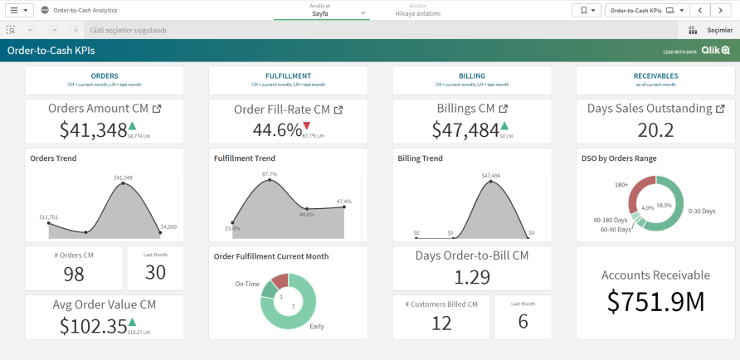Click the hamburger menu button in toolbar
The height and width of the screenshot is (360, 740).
click(x=21, y=10)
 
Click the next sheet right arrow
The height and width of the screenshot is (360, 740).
click(x=721, y=10)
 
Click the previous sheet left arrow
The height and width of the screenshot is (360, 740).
click(x=701, y=10)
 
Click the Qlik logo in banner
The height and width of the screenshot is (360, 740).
click(x=715, y=51)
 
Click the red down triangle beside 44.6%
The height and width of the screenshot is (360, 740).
click(x=306, y=125)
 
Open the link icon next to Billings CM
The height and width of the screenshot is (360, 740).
click(x=504, y=109)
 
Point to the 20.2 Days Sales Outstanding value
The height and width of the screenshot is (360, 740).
click(x=655, y=129)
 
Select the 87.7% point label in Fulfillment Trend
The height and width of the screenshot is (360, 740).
click(x=269, y=174)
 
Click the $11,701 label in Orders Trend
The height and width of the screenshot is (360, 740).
click(x=48, y=217)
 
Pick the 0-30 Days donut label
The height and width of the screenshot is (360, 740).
click(x=701, y=212)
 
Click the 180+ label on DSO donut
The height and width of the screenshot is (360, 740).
click(x=621, y=185)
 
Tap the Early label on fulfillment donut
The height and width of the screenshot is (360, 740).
click(x=317, y=326)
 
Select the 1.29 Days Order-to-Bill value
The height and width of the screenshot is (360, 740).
click(x=471, y=278)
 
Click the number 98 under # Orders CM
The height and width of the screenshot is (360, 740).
click(x=74, y=274)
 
